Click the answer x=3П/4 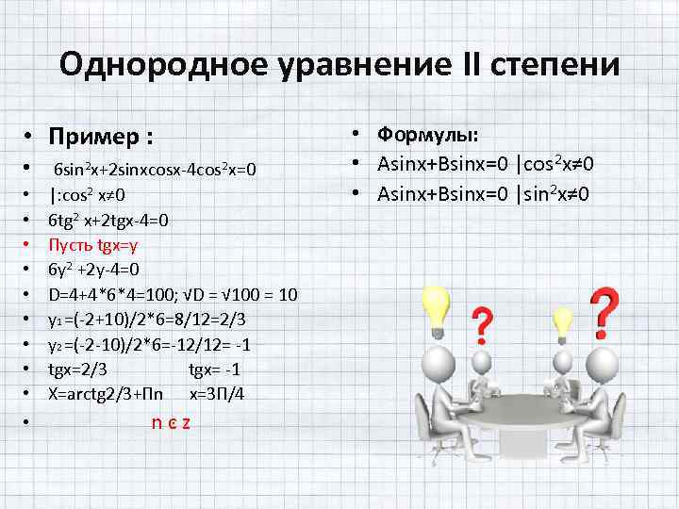coord(218,394)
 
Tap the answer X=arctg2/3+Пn coord(106,394)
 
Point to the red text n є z coord(171,421)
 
